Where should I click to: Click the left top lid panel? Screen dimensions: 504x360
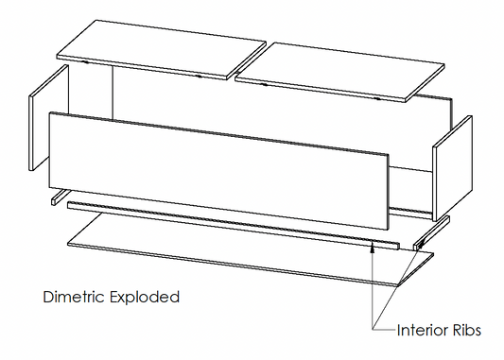pos(161,49)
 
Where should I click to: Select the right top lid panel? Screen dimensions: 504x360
pos(340,71)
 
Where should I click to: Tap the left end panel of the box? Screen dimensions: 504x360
pos(49,117)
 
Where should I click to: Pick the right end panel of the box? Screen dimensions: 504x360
pos(452,168)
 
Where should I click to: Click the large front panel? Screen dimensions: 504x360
pos(218,170)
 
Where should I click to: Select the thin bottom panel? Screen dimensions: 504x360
pos(251,249)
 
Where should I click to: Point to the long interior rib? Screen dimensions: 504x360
pos(234,226)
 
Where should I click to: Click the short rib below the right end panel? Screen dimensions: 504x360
pos(431,232)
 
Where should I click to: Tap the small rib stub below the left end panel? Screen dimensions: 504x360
pos(59,197)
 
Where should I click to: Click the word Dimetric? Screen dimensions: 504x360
pos(74,297)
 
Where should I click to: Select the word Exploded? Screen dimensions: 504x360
pos(145,298)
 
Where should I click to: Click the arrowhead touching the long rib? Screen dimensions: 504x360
pos(373,248)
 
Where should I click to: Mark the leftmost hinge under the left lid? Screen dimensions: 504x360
pos(85,61)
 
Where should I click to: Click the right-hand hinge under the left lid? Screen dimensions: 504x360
pos(199,77)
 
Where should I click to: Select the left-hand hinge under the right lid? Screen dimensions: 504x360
pos(264,84)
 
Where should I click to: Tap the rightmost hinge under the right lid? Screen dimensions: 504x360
pos(377,98)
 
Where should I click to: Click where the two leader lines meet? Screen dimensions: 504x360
pos(373,329)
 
